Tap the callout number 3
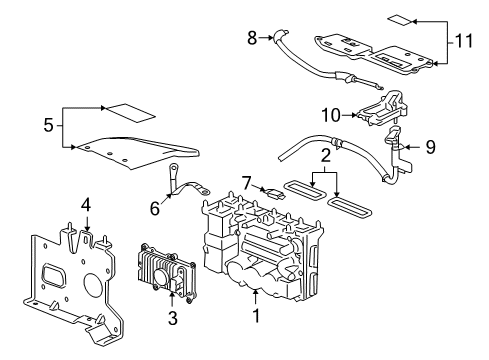[171, 317]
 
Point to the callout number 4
[86, 205]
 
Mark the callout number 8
[253, 38]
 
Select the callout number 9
[430, 147]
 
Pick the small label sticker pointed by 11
[398, 20]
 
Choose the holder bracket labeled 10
[384, 112]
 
